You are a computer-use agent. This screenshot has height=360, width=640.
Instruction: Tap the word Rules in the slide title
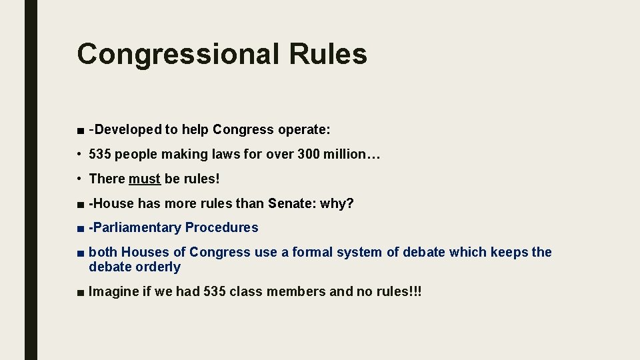327,53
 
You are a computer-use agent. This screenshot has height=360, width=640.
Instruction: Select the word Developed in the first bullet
127,129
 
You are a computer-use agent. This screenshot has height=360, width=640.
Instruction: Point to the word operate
303,130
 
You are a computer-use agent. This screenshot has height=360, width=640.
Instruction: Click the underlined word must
145,179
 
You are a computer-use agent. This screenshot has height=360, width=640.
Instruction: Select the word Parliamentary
137,228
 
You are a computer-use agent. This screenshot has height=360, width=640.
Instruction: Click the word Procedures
221,228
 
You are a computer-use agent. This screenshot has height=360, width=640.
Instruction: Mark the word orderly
157,267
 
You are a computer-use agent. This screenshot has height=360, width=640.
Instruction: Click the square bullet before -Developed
80,130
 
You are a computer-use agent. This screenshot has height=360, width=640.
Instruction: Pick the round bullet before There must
79,179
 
